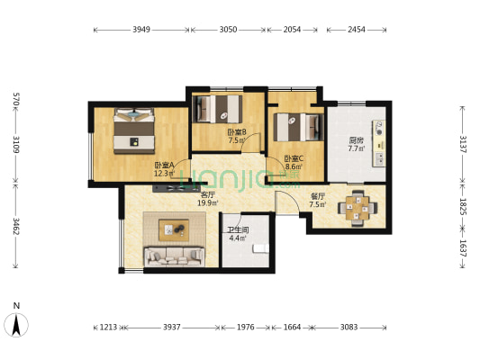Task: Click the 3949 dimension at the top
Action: (x=141, y=30)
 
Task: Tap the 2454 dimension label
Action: (x=357, y=30)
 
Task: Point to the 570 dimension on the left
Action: (x=16, y=99)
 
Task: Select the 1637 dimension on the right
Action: (x=463, y=248)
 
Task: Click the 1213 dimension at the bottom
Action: (x=108, y=328)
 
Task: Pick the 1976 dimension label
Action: (x=246, y=328)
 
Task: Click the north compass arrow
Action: (x=16, y=325)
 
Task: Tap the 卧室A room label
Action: (x=164, y=166)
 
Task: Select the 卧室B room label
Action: (x=237, y=132)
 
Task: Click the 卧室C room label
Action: (x=294, y=158)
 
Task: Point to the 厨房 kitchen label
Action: (x=357, y=140)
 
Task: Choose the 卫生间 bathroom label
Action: (x=238, y=230)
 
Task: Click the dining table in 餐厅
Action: (x=358, y=208)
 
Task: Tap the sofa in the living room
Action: (x=174, y=256)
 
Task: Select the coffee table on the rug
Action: (x=174, y=229)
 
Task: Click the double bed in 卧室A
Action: (x=134, y=130)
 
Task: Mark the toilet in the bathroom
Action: (x=260, y=248)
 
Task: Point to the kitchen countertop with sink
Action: (x=379, y=144)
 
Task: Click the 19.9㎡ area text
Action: (x=207, y=203)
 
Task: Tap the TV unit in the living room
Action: (x=176, y=188)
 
